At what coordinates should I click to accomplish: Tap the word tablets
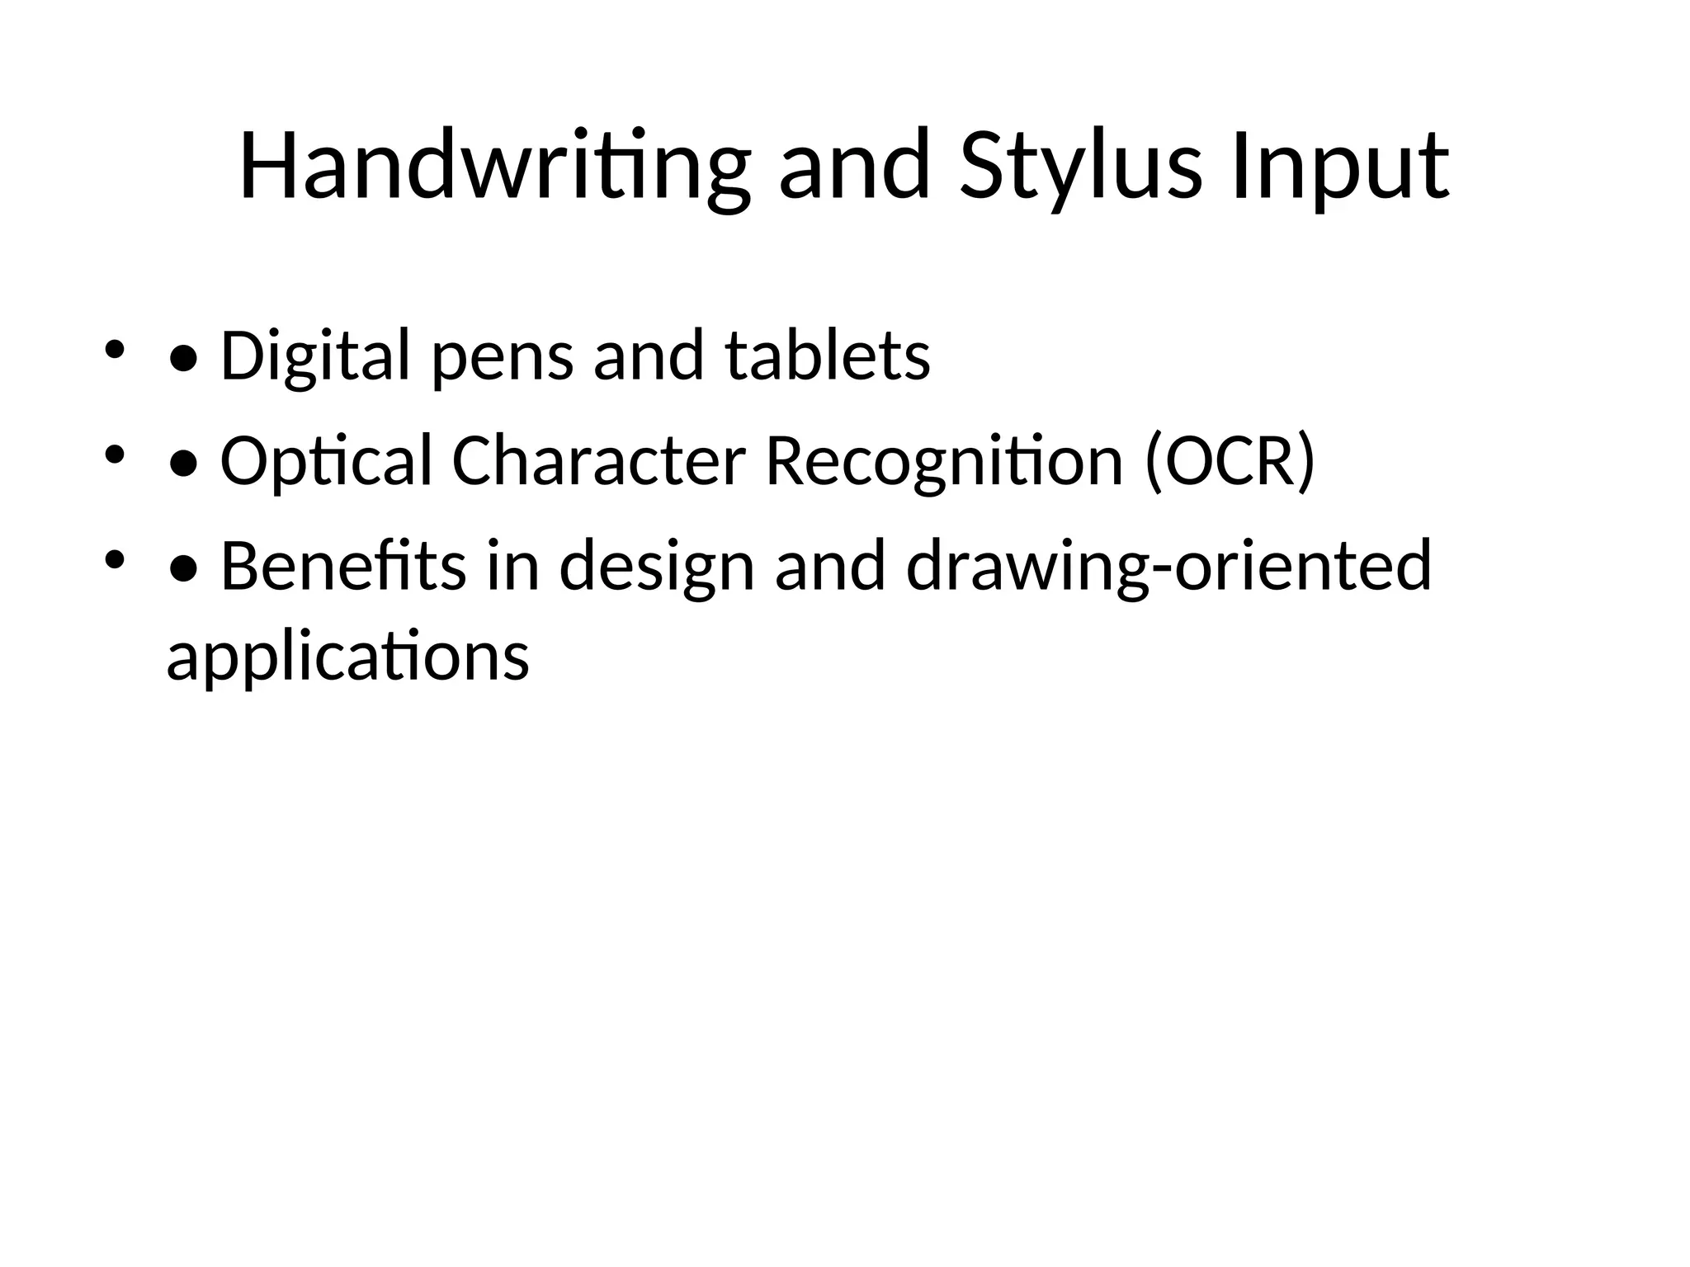(828, 356)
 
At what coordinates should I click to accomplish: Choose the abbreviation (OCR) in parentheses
(1230, 462)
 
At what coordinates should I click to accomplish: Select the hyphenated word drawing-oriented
(1168, 568)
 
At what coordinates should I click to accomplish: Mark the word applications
(347, 657)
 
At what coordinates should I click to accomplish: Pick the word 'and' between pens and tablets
(649, 356)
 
